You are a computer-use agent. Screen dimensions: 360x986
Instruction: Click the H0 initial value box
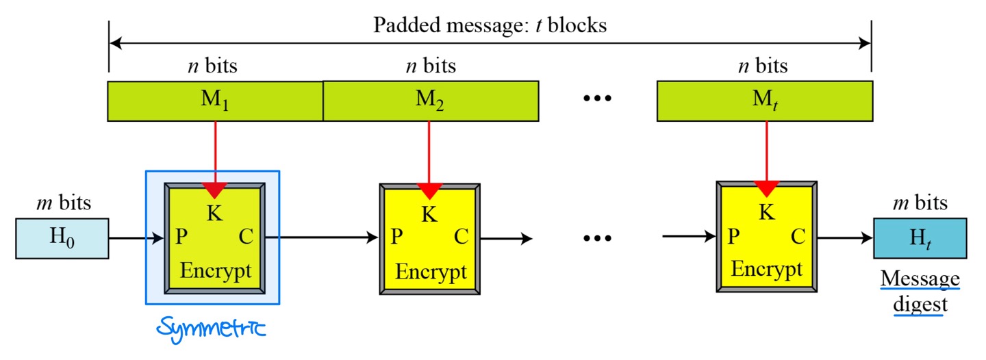pos(62,238)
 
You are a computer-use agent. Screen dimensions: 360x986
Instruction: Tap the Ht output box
pos(920,238)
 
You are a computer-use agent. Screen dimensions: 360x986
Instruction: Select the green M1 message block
pos(215,102)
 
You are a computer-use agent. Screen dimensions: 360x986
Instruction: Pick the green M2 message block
pos(430,102)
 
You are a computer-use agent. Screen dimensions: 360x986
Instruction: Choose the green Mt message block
pos(764,102)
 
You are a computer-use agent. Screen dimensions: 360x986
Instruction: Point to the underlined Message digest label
pos(920,291)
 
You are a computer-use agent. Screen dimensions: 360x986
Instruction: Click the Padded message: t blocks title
pos(490,26)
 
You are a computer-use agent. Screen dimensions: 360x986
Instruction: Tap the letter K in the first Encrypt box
pos(214,213)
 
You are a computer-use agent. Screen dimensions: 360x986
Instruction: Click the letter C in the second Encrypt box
pos(462,237)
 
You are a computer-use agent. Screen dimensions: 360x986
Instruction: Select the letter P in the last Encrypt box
pos(733,237)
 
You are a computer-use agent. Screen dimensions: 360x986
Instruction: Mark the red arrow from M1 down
pos(216,157)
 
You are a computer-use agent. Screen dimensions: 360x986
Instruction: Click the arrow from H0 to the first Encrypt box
pos(136,238)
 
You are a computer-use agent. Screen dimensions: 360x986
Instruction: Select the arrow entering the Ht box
pos(845,238)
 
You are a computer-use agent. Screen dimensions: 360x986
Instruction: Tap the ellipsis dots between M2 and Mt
pos(597,99)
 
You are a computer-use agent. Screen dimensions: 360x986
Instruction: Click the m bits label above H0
pos(62,203)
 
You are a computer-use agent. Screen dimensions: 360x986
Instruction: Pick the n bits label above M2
pos(430,66)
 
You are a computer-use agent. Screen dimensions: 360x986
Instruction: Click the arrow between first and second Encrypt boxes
pos(322,238)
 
